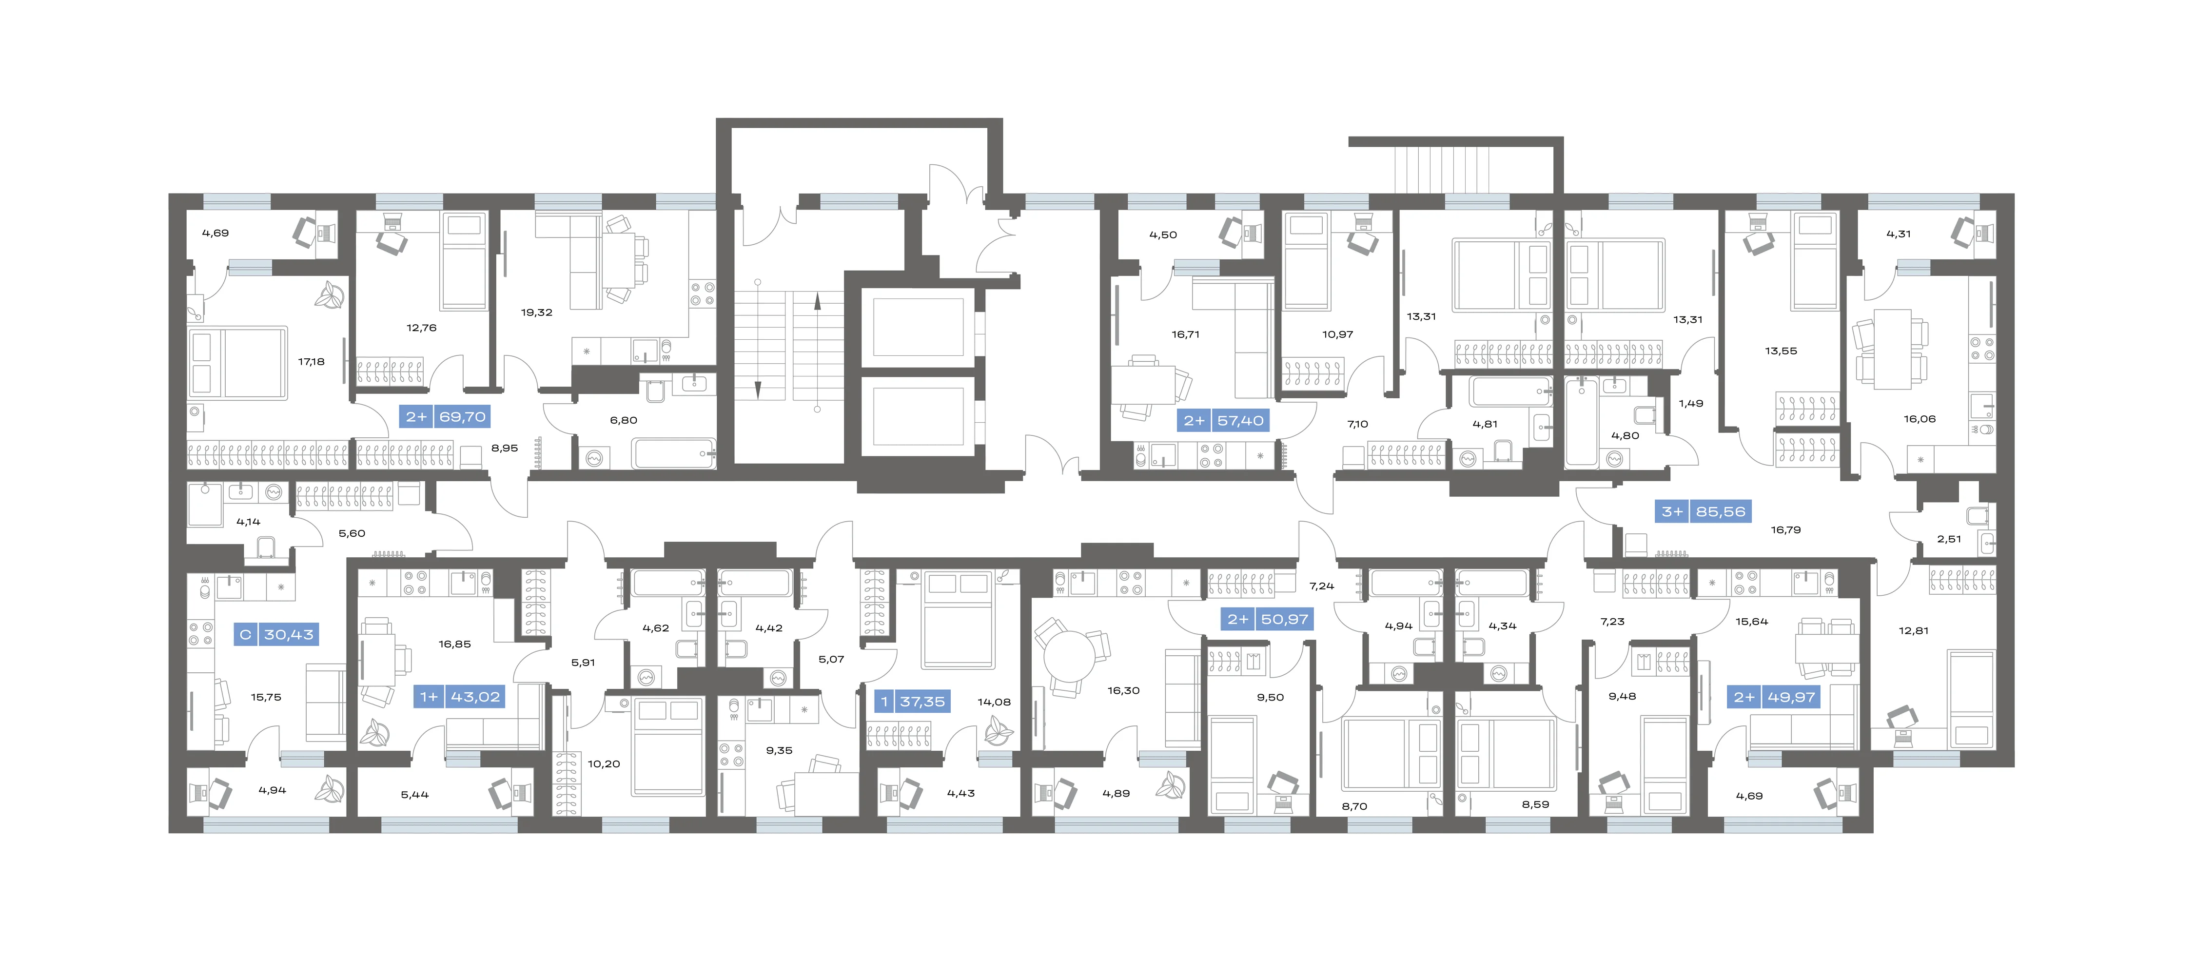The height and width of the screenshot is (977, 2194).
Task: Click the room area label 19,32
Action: pyautogui.click(x=537, y=313)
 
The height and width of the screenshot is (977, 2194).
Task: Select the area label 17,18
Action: pyautogui.click(x=311, y=362)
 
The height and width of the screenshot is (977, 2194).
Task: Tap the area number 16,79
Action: pyautogui.click(x=1786, y=530)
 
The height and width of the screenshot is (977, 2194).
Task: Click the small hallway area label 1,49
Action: pyautogui.click(x=1691, y=404)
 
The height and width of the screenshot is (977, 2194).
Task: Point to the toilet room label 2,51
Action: pyautogui.click(x=1949, y=539)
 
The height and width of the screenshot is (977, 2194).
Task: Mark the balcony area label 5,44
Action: pyautogui.click(x=415, y=795)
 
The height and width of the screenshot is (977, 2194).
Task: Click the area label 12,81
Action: pyautogui.click(x=1913, y=631)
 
